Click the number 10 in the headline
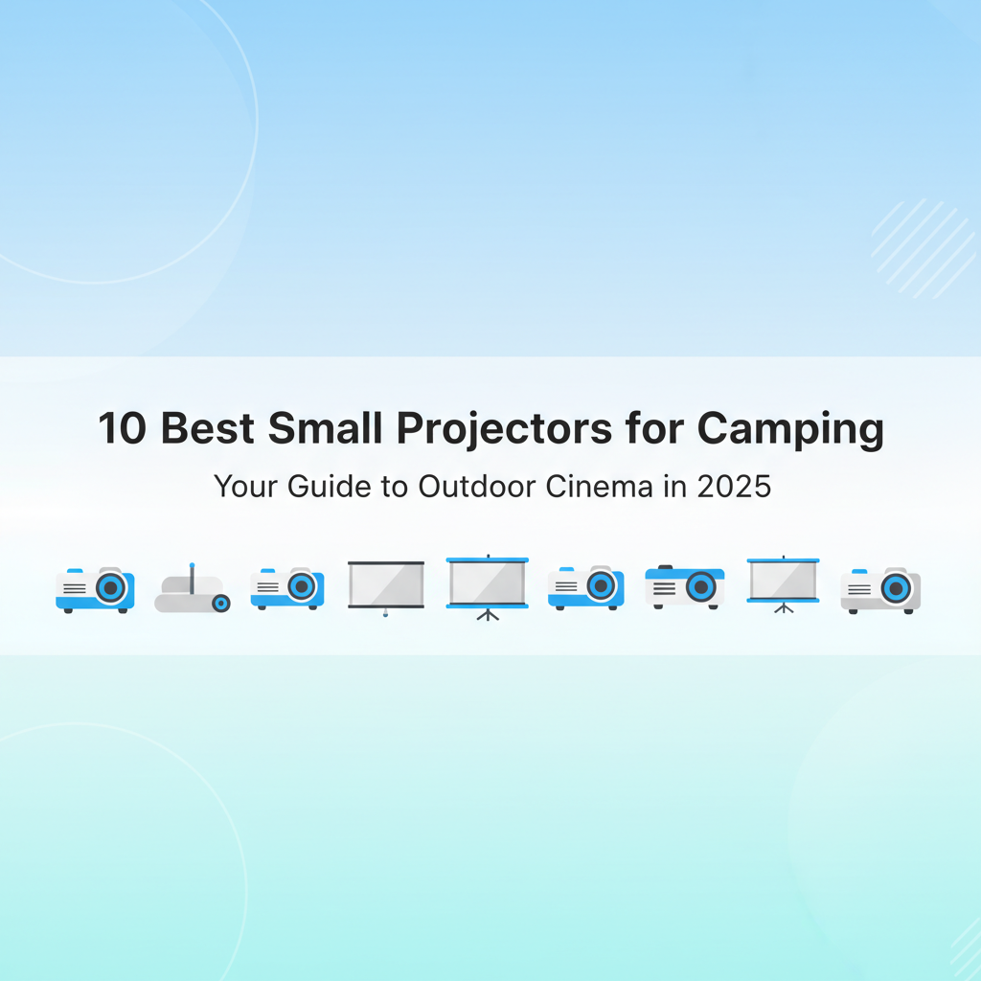[123, 430]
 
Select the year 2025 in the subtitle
[733, 486]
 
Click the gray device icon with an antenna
[193, 590]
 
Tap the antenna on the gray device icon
[191, 573]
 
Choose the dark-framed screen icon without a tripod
[385, 584]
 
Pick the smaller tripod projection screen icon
[783, 582]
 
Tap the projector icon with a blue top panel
[685, 586]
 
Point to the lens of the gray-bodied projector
[898, 587]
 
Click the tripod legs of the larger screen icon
[488, 614]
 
